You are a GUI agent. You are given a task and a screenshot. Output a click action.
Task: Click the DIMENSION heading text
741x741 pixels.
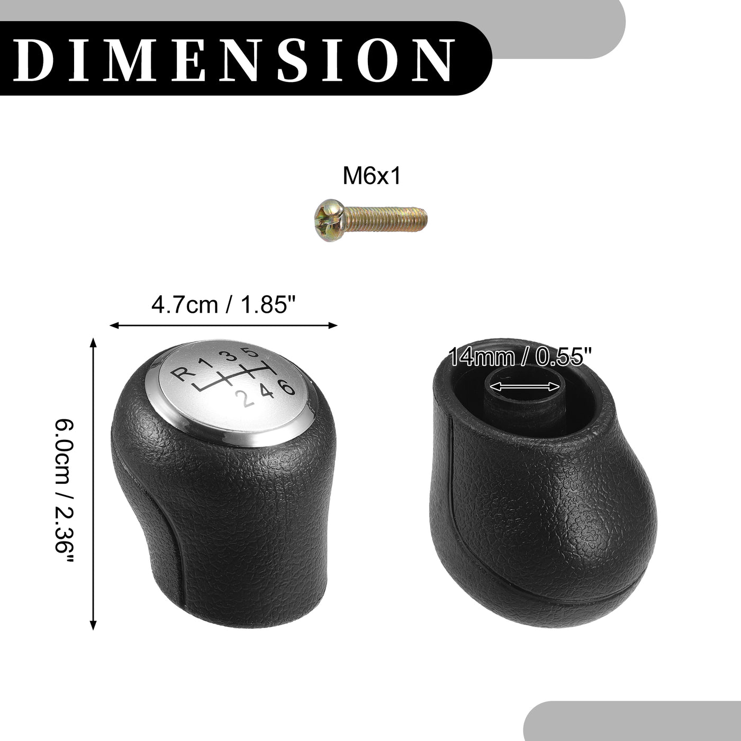[x=233, y=58]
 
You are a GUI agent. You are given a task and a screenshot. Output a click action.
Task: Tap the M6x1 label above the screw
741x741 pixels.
[x=372, y=176]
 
